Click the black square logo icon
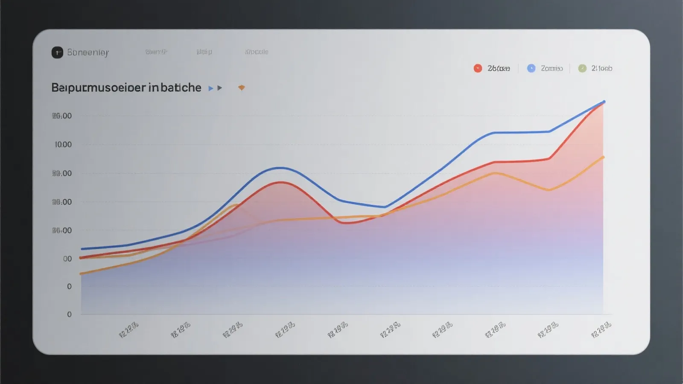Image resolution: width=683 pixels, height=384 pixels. pos(57,52)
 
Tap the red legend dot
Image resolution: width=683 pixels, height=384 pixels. pos(478,68)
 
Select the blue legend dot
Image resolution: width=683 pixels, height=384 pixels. pos(531,68)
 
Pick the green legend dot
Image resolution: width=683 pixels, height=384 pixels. pos(582,68)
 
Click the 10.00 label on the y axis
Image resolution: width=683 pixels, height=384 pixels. pos(63,145)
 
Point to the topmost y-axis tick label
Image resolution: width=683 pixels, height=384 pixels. pos(62,116)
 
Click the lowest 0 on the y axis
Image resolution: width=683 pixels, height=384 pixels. pos(69,314)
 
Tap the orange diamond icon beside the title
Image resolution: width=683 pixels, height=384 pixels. pos(242,88)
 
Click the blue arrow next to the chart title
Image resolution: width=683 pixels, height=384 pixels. pos(210,88)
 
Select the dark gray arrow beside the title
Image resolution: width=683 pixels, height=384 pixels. pos(220,88)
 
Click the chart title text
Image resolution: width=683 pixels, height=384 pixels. pos(126,87)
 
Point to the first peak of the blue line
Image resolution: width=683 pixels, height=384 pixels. pos(280,168)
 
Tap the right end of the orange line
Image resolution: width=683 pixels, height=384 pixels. pos(603,157)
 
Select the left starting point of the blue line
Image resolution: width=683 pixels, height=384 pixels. pos(82,249)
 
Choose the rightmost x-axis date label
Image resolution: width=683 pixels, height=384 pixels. pos(601,330)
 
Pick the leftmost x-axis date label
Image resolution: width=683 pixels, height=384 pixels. pos(128,330)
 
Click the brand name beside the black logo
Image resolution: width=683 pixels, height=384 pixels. pos(88,52)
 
